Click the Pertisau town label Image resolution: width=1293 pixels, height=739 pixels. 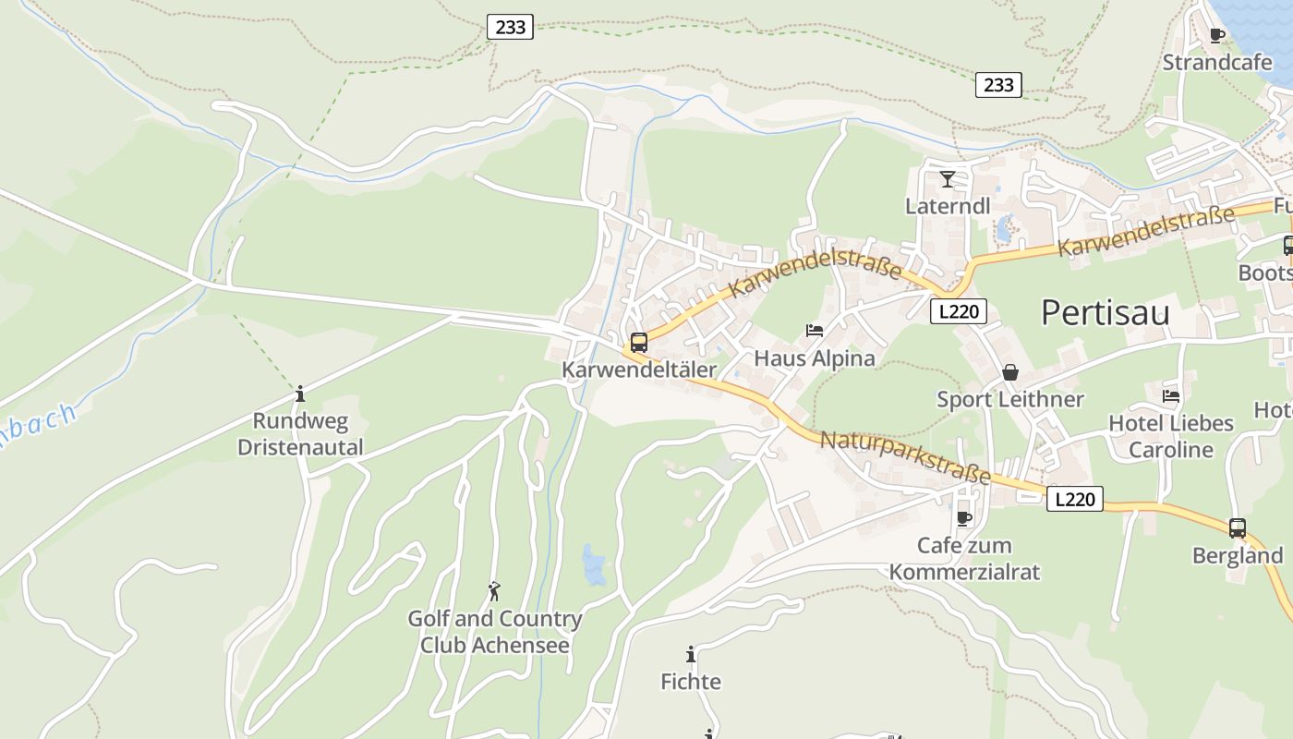coord(1105,313)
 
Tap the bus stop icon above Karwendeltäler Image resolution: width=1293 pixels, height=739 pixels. coord(638,343)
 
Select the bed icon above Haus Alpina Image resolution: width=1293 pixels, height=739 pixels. coord(815,330)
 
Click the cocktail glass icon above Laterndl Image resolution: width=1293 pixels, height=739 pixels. coord(947,179)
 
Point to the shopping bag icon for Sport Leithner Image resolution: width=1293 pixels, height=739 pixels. coord(1010,372)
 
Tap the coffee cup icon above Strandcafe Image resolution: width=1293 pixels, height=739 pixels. coord(1216,36)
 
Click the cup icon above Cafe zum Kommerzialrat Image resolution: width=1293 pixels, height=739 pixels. coord(964,518)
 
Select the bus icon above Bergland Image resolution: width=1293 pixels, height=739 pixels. coord(1238,528)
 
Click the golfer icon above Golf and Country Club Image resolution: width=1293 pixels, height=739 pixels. coord(494,591)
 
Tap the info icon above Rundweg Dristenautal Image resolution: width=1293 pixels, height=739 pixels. coord(299,394)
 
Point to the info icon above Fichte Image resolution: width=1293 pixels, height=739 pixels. coord(691,655)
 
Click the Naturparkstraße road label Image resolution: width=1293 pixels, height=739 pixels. coord(905,457)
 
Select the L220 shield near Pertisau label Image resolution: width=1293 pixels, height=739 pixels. coord(958,311)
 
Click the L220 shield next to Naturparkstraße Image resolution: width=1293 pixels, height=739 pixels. coord(1075,500)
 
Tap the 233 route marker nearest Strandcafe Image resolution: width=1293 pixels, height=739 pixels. coord(998,85)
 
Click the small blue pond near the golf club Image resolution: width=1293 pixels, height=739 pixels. coord(594,565)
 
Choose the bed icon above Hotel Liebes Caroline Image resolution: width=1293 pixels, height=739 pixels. coord(1171,395)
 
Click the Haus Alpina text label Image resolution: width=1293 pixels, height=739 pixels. coord(815,358)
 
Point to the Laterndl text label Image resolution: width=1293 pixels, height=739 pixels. coord(947,206)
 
